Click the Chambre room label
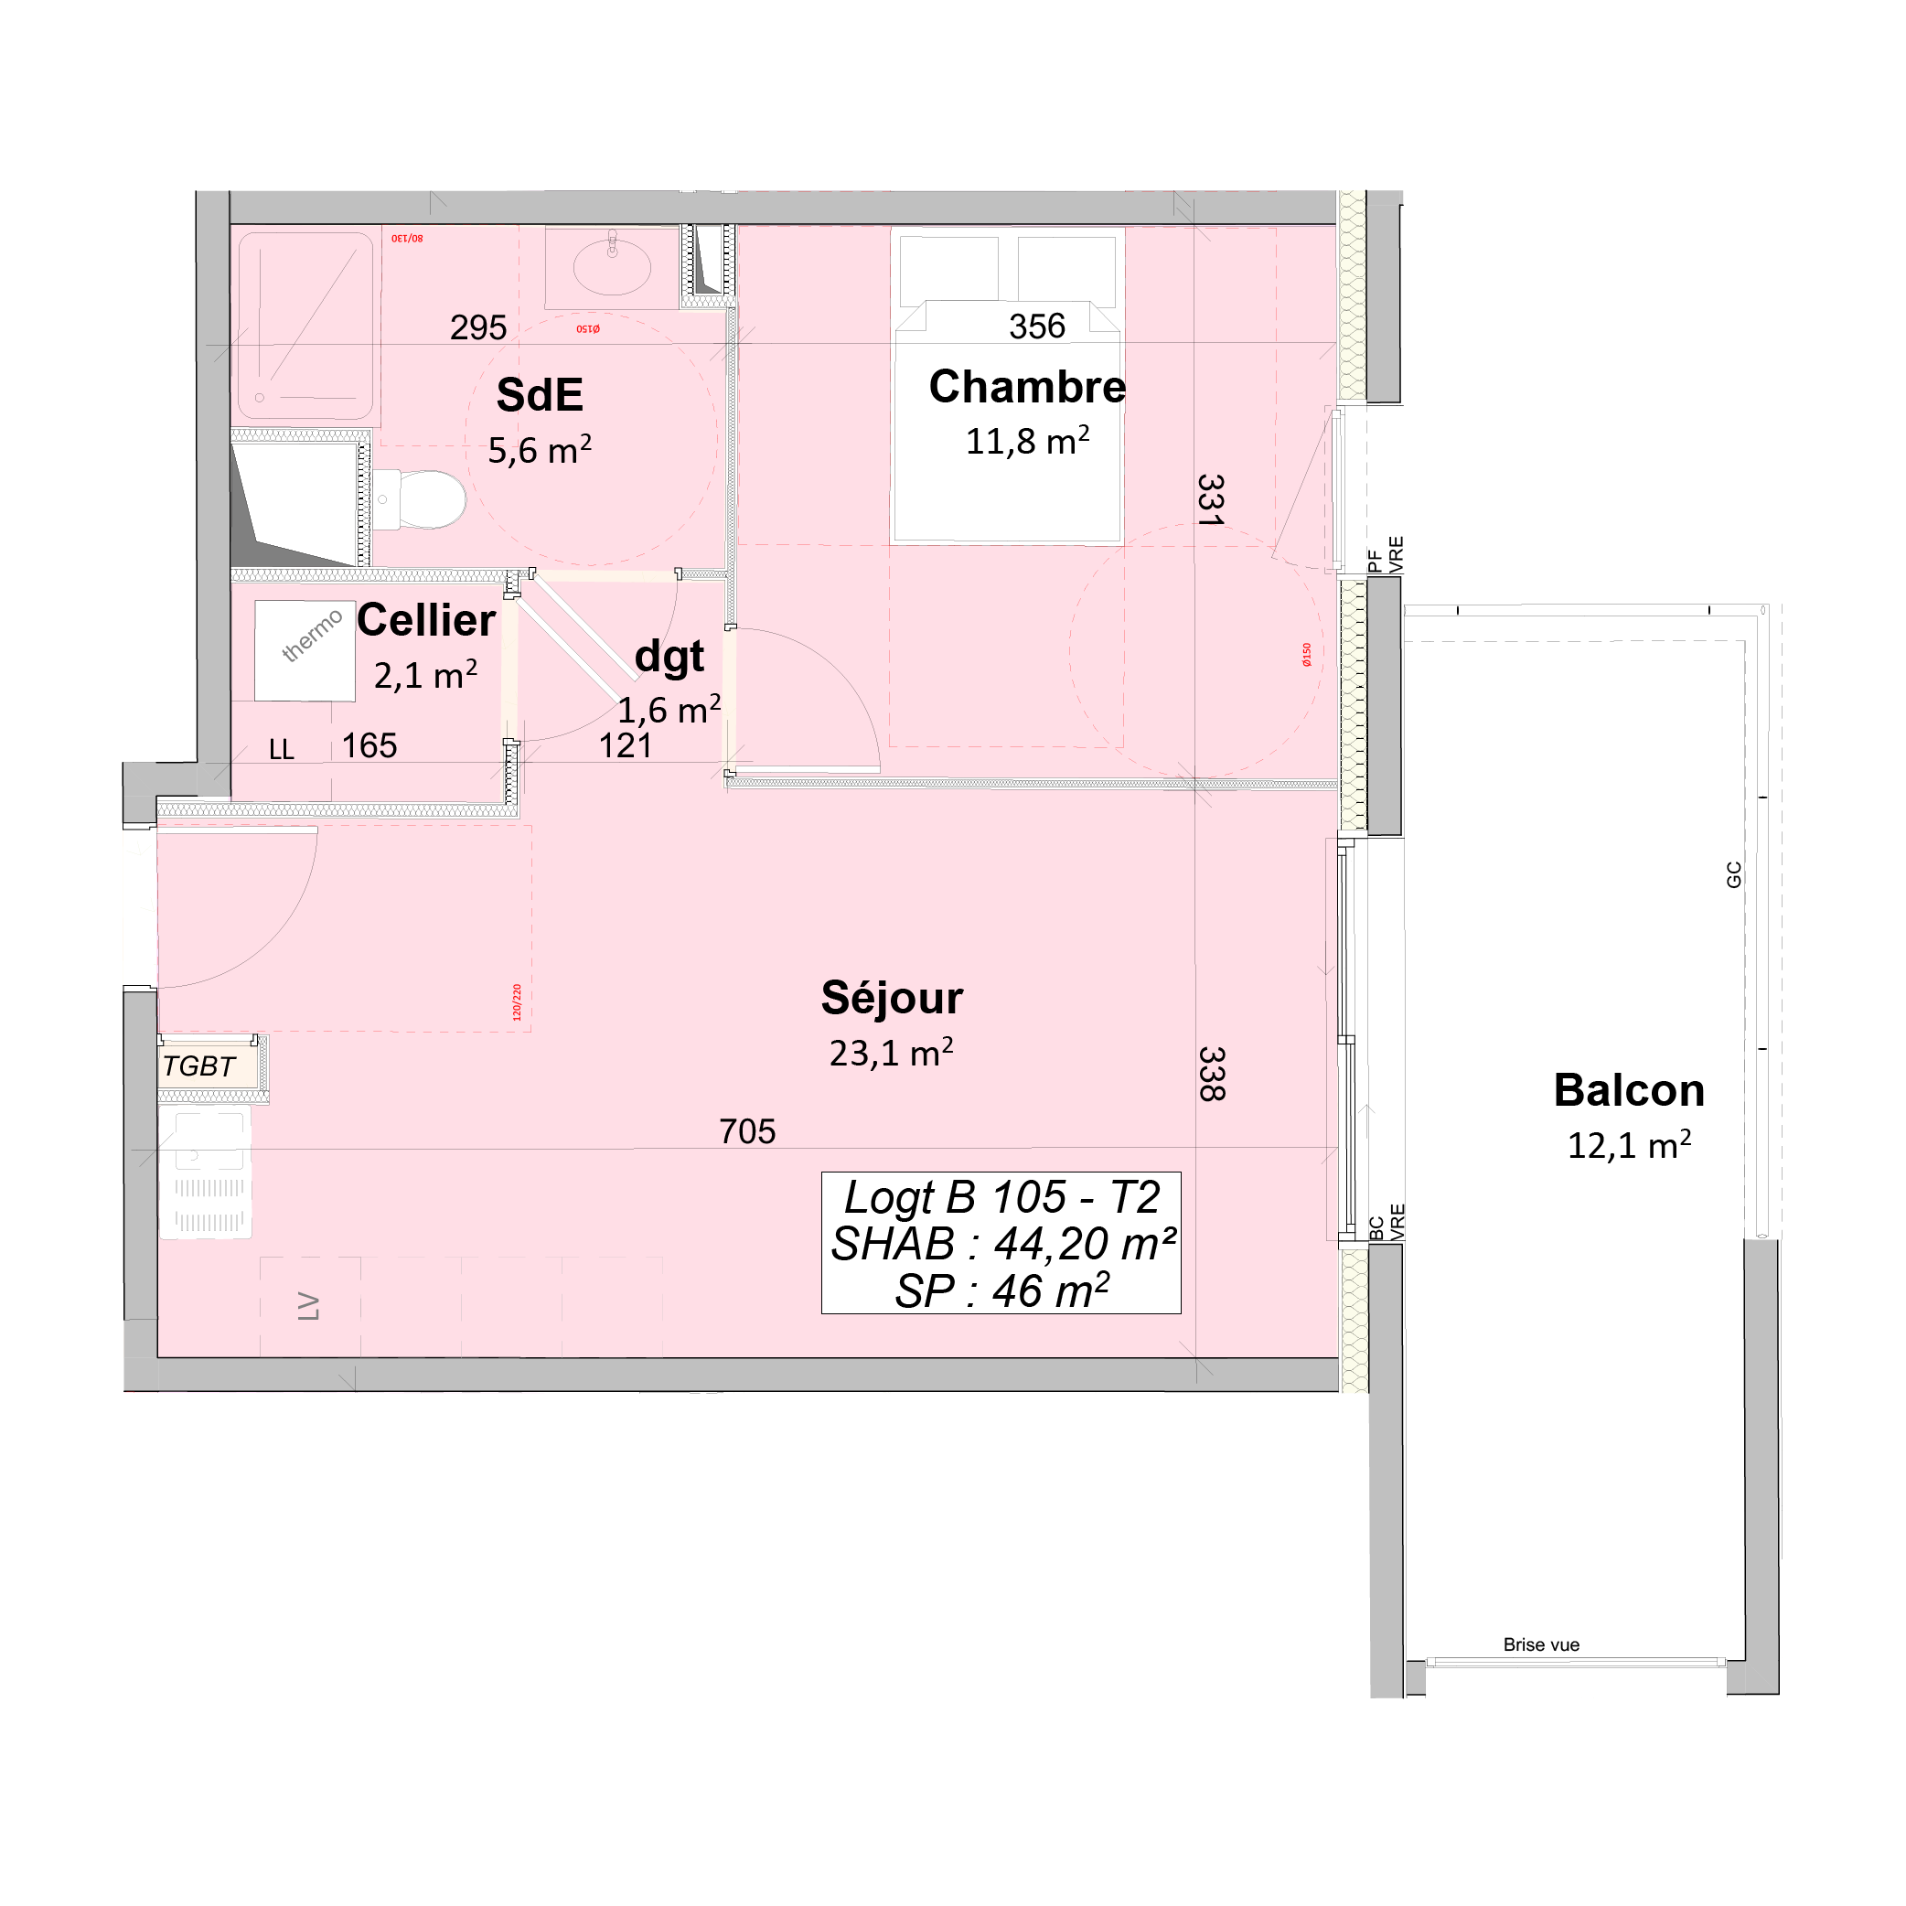(1027, 387)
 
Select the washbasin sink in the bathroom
(612, 264)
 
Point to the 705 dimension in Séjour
(747, 1130)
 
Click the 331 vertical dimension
(1211, 500)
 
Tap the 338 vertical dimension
(1211, 1074)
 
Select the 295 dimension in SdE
(477, 327)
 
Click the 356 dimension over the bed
(1037, 327)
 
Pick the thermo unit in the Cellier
(305, 650)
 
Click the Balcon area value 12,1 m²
(1629, 1145)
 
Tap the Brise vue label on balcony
(1541, 1644)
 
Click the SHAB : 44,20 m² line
(1002, 1244)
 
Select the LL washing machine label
(281, 750)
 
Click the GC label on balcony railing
(1733, 874)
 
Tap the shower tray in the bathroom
(305, 326)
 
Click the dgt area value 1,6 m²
(669, 710)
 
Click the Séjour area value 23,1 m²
(891, 1054)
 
